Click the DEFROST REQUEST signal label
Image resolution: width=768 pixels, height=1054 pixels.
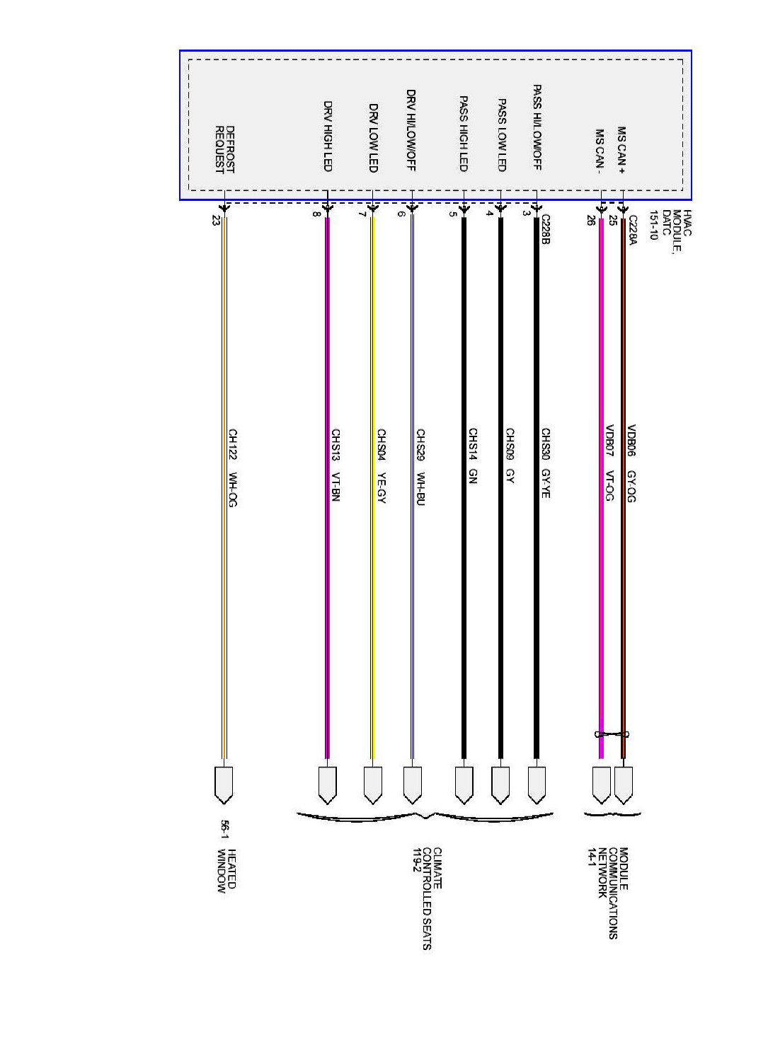pyautogui.click(x=224, y=149)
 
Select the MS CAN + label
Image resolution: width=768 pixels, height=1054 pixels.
pyautogui.click(x=621, y=149)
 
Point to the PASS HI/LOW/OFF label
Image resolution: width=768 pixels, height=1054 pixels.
pyautogui.click(x=537, y=127)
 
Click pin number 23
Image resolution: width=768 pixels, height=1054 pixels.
pyautogui.click(x=216, y=220)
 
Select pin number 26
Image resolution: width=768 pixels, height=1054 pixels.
pyautogui.click(x=590, y=220)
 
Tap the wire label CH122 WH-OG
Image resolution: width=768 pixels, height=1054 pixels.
pyautogui.click(x=232, y=468)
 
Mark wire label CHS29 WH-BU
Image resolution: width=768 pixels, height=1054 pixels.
pyautogui.click(x=420, y=467)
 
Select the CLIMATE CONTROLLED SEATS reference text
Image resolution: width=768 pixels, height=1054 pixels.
pyautogui.click(x=426, y=898)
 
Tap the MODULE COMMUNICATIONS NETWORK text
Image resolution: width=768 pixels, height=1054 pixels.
pyautogui.click(x=608, y=893)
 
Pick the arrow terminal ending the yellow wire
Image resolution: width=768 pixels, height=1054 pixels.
pyautogui.click(x=372, y=784)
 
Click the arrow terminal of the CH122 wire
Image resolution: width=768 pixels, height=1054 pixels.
pyautogui.click(x=224, y=784)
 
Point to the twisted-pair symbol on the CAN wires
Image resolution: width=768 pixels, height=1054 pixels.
pyautogui.click(x=612, y=734)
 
